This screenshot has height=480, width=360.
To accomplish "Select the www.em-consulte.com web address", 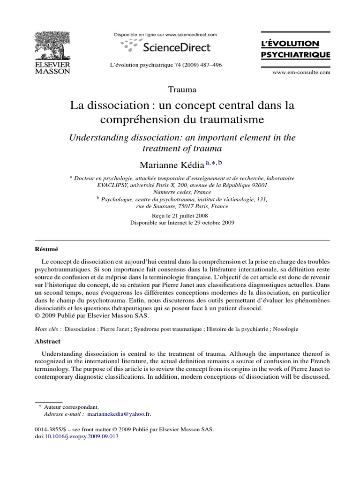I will (301, 72).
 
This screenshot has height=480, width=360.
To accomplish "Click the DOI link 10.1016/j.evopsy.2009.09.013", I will (82, 436).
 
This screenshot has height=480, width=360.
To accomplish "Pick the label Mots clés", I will (47, 329).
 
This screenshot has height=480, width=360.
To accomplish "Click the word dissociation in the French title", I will (113, 105).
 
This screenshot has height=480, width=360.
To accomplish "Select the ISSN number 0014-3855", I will (49, 429).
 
